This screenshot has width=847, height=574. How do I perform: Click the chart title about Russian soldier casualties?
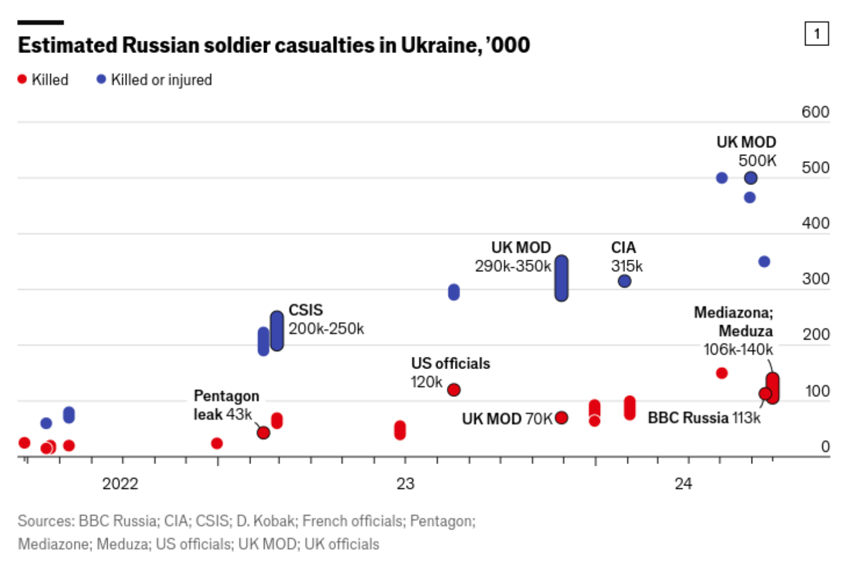[273, 45]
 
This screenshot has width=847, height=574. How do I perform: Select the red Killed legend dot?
[22, 79]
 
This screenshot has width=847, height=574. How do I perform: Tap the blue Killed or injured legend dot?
[101, 79]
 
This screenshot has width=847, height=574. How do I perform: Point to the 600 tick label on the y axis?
[814, 112]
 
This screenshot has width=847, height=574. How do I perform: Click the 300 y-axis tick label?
[814, 279]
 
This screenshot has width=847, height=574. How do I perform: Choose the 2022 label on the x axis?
[120, 484]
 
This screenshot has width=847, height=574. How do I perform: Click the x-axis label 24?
[683, 484]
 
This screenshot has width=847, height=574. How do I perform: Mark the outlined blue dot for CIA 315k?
[624, 281]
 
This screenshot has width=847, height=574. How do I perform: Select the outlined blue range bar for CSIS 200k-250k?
[277, 331]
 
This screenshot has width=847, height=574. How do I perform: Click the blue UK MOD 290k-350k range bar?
[561, 278]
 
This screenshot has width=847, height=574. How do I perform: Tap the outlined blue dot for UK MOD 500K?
[750, 178]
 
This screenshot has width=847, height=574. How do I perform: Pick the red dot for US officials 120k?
[454, 389]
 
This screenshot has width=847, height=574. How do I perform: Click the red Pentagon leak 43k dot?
[263, 433]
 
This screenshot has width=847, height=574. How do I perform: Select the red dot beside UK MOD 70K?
[561, 417]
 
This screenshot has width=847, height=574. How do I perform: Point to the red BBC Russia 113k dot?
[765, 394]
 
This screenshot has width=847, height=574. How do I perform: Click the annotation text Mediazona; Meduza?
[733, 322]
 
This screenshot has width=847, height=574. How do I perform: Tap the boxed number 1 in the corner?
[816, 34]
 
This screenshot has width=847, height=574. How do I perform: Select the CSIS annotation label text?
[305, 310]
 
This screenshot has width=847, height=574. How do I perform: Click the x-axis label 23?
[405, 484]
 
